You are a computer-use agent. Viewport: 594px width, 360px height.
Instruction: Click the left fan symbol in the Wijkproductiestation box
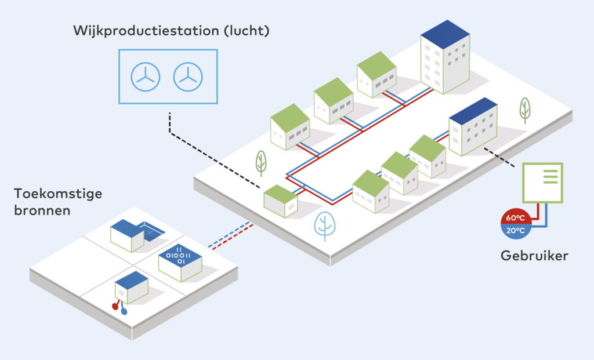coord(144,77)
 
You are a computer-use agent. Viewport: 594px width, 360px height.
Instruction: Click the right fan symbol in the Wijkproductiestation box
coord(187,77)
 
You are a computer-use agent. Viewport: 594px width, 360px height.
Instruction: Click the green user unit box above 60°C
coord(543,183)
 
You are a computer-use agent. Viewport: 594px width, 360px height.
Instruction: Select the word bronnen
coord(42,210)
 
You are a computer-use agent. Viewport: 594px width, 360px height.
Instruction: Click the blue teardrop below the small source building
coord(124,311)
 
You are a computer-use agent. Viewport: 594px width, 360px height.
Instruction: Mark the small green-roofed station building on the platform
coord(281,200)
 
